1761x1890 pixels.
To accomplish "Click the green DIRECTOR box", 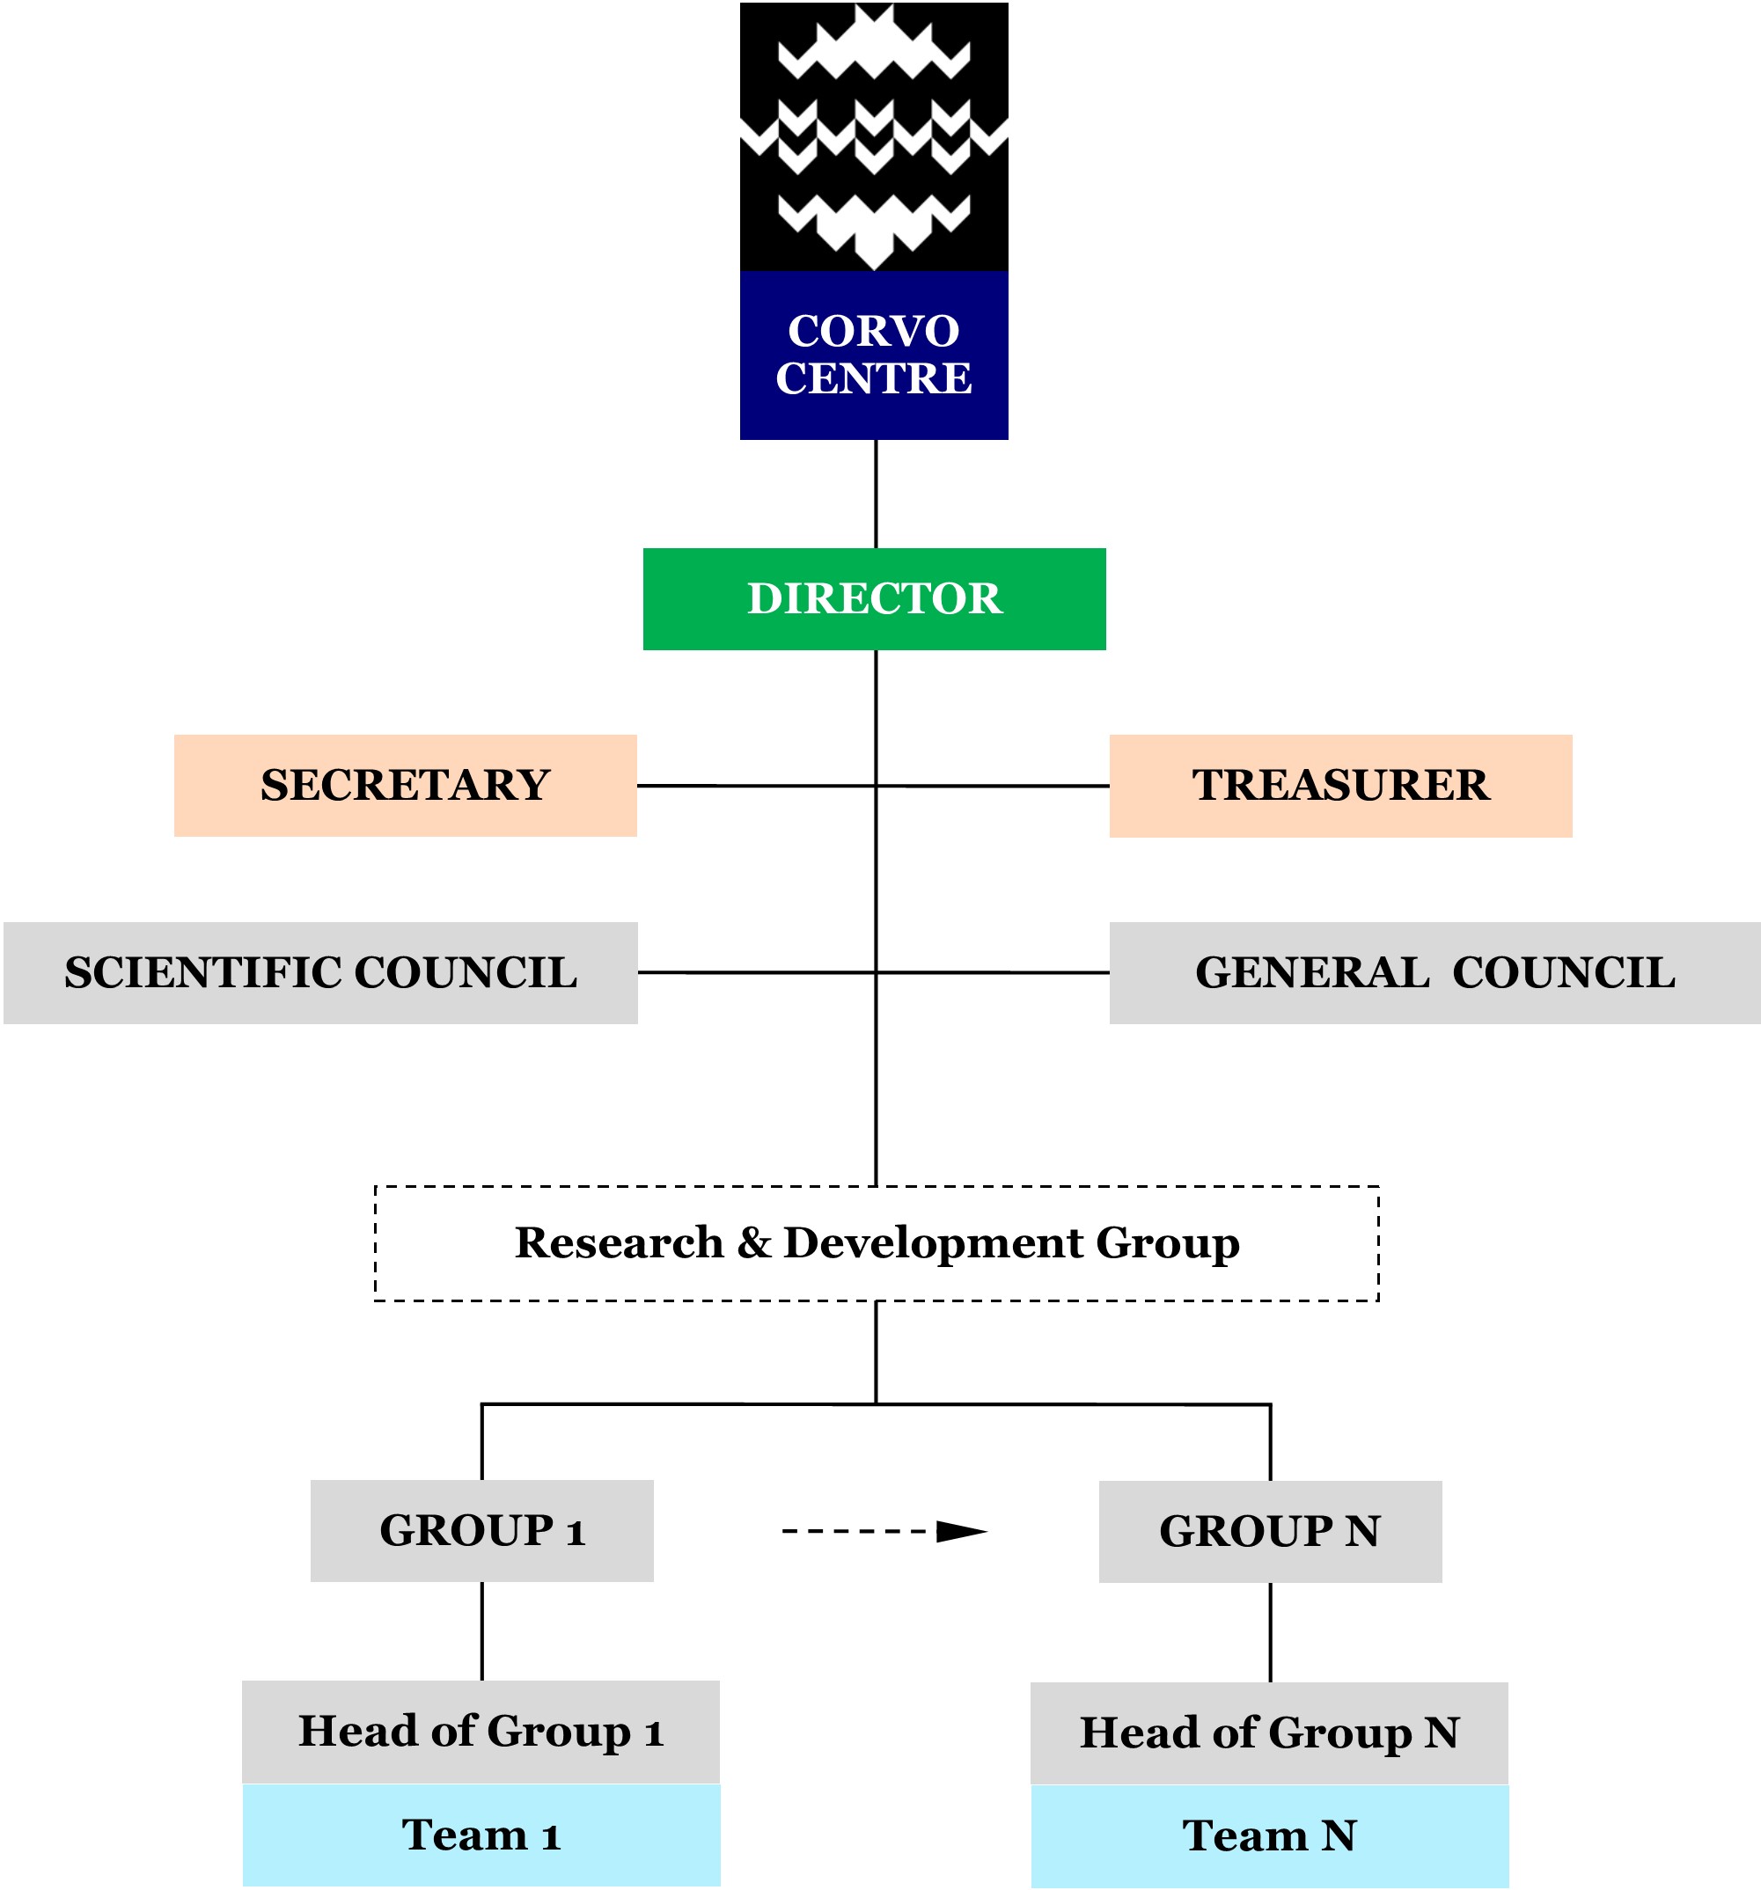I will [x=874, y=599].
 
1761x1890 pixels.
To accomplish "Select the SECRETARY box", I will [x=405, y=785].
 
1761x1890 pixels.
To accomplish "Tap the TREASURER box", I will [x=1339, y=785].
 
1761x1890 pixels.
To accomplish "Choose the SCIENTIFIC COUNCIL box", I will [x=320, y=972].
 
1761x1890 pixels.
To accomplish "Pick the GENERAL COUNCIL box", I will [x=1434, y=972].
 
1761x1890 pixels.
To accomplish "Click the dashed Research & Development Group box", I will [x=876, y=1243].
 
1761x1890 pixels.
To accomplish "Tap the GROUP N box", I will [x=1269, y=1532].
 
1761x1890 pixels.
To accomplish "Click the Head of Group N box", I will [x=1268, y=1733].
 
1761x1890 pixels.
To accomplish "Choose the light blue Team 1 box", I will [x=481, y=1835].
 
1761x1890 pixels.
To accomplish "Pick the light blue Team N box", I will [x=1268, y=1835].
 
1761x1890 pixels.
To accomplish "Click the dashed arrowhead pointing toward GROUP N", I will [x=960, y=1532].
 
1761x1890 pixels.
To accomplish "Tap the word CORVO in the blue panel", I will [x=873, y=332].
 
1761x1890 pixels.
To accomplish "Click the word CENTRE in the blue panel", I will [x=873, y=378].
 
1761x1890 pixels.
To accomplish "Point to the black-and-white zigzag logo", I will [x=873, y=136].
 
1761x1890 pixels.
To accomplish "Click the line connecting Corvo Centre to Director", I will [x=875, y=494].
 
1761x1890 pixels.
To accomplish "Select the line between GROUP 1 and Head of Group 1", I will [x=481, y=1630].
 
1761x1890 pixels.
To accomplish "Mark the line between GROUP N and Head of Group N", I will [x=1269, y=1632].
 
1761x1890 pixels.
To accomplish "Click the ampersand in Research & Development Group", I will [x=753, y=1243].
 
